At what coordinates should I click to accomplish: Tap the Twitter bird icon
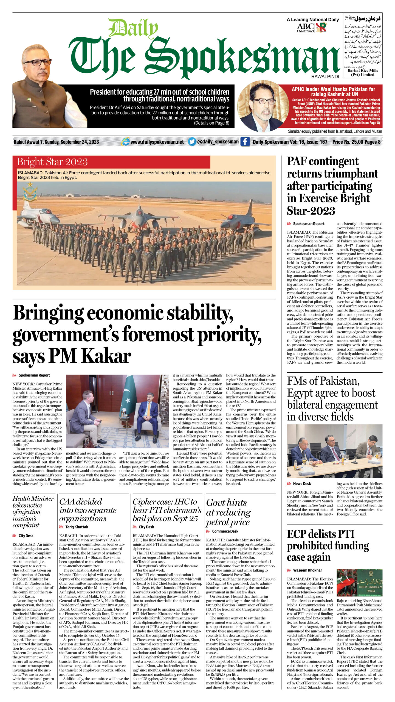pyautogui.click(x=192, y=141)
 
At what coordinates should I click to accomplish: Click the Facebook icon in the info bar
pyautogui.click(x=245, y=141)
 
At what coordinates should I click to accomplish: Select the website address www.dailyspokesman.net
pyautogui.click(x=157, y=142)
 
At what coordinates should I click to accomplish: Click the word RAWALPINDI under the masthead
pyautogui.click(x=325, y=77)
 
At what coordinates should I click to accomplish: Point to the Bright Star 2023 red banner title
pyautogui.click(x=52, y=162)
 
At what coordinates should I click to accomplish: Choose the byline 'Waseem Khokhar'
pyautogui.click(x=307, y=570)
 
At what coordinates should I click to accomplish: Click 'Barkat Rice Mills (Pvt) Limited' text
pyautogui.click(x=363, y=72)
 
